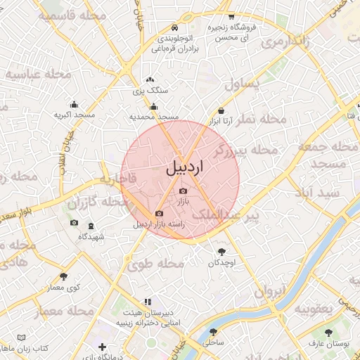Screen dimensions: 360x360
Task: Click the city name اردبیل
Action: [185, 169]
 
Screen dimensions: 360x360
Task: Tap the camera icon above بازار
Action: [184, 191]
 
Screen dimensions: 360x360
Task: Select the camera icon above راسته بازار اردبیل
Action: [159, 213]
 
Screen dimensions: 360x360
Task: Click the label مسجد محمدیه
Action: [154, 116]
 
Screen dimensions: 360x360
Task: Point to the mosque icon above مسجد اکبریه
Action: [74, 105]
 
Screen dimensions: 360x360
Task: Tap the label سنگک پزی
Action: [150, 91]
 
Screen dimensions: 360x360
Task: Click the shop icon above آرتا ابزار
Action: [221, 110]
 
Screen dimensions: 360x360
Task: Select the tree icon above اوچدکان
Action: [223, 251]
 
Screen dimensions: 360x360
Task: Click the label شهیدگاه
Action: [91, 236]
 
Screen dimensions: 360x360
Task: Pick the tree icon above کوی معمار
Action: [64, 276]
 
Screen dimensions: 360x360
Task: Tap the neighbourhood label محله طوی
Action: [155, 264]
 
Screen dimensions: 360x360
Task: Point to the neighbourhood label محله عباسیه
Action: [39, 73]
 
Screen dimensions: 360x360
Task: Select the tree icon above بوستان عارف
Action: [328, 333]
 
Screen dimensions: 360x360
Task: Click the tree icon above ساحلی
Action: [213, 332]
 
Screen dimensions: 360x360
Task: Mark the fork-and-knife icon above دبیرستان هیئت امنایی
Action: [148, 301]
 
